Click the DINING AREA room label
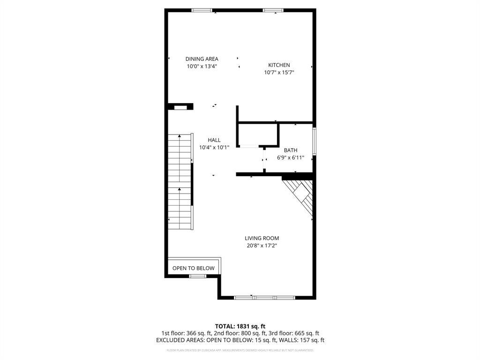202,59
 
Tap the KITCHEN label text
279,65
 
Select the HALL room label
214,140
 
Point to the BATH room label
290,150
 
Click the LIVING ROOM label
262,238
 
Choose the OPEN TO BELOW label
194,268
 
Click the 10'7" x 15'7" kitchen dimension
279,73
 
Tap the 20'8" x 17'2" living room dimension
262,246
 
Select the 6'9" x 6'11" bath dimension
290,158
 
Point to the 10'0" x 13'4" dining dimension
202,67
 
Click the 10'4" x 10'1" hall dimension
214,148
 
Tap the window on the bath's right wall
315,141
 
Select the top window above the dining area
202,10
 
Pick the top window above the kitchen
273,10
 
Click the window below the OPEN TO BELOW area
197,276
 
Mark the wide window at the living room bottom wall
264,297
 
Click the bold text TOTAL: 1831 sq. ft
240,326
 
